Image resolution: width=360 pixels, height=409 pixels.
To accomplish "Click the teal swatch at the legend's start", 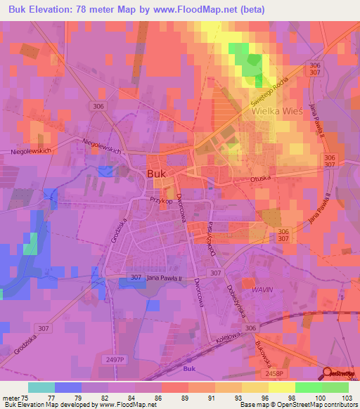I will coord(41,387).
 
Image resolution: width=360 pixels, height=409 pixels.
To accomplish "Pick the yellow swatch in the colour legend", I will coord(282,387).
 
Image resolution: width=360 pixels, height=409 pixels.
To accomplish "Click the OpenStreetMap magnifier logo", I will coord(327,374).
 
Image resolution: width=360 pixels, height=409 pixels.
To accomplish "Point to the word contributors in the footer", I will coord(337,405).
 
